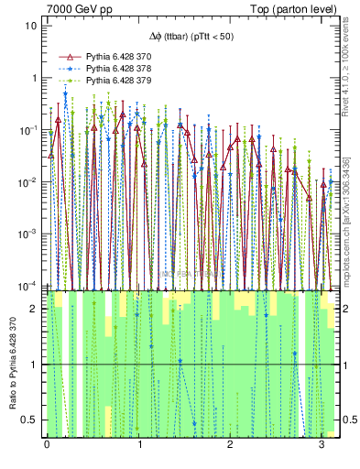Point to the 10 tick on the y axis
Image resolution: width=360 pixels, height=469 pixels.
click(x=29, y=26)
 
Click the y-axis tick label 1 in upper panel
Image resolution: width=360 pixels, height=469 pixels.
click(x=32, y=78)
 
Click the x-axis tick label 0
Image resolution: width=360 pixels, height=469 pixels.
click(x=47, y=444)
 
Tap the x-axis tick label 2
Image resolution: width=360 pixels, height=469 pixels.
click(x=231, y=444)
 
